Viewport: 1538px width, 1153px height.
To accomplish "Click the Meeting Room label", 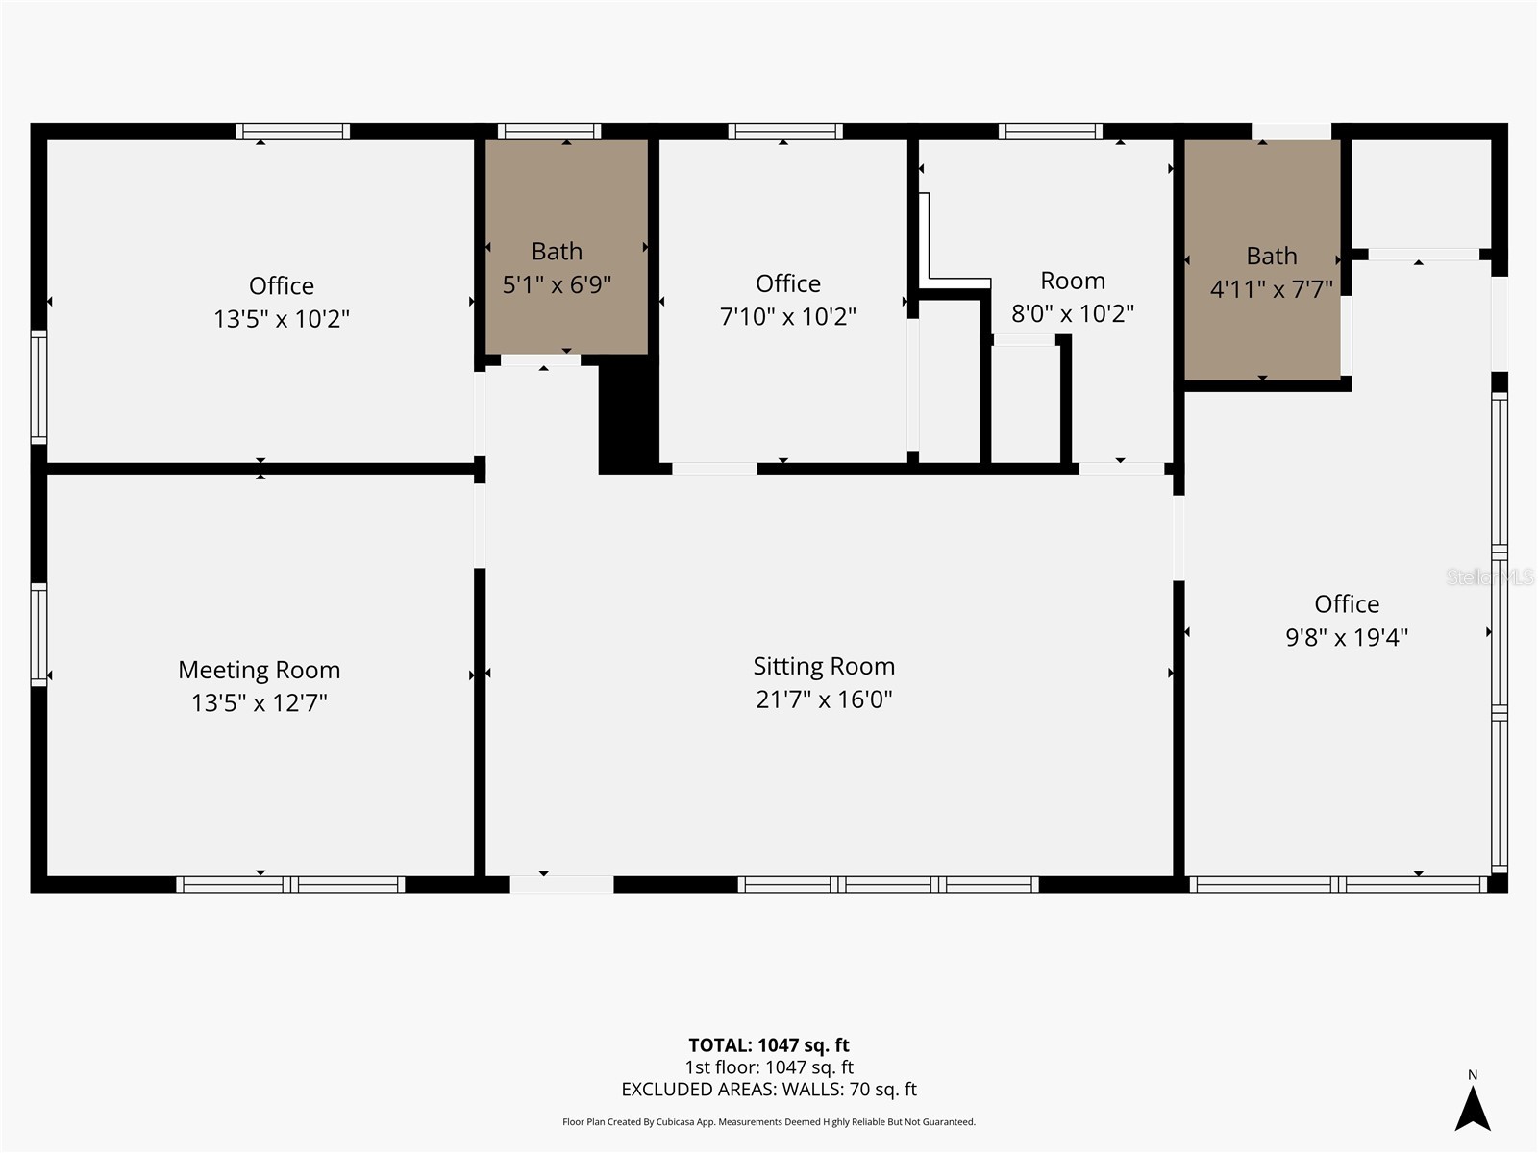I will pyautogui.click(x=259, y=670).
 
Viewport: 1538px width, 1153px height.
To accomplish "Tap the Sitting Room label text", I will pyautogui.click(x=824, y=666).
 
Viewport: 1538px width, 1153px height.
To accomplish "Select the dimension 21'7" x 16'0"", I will pyautogui.click(x=824, y=699).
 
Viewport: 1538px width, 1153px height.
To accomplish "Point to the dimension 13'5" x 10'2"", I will pyautogui.click(x=281, y=319).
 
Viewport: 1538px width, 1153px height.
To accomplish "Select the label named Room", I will pyautogui.click(x=1073, y=281).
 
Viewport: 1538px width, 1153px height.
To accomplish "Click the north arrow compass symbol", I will pyautogui.click(x=1472, y=1107).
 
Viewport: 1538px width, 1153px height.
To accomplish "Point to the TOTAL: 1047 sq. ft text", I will pyautogui.click(x=769, y=1045).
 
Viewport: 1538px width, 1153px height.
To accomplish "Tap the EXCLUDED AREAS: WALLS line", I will pyautogui.click(x=769, y=1090).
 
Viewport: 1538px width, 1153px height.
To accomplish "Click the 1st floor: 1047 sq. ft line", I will pyautogui.click(x=769, y=1067).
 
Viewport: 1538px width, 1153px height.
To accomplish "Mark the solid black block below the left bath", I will pyautogui.click(x=627, y=418).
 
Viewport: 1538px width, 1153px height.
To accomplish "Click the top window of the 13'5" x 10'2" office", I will pyautogui.click(x=292, y=132).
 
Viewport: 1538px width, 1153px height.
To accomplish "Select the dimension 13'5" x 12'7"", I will pyautogui.click(x=259, y=703).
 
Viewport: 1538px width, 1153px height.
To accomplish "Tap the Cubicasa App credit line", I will pyautogui.click(x=769, y=1122).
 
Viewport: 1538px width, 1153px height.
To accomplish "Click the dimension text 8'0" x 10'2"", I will pyautogui.click(x=1073, y=314).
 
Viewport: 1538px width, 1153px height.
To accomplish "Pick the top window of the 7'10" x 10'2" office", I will pyautogui.click(x=784, y=132).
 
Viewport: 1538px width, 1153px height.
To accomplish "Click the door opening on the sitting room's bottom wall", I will pyautogui.click(x=561, y=884).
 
